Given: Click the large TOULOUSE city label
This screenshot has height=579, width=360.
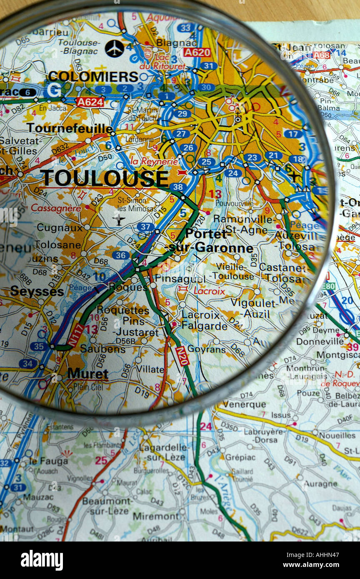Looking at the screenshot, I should pos(104,178).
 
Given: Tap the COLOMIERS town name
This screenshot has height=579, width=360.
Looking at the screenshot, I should pos(92,77).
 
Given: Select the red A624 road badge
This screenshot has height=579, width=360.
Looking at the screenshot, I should pos(90,102).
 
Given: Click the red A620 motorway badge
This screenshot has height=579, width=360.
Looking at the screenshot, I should pos(197,52).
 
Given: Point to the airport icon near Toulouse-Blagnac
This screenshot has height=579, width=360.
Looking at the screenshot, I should pos(114,48).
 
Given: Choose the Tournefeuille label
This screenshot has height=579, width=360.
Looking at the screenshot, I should pos(69,128).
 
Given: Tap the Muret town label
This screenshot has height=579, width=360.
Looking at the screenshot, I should pos(87,374).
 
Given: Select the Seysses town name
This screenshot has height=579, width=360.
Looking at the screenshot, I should pos(37,291).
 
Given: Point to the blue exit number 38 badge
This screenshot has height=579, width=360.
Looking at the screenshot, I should pos(178,187).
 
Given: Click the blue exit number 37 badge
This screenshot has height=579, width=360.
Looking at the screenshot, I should pos(145,227).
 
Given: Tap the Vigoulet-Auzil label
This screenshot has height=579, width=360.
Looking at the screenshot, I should pos(253,308).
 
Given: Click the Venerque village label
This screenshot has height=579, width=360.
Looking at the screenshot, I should pos(244,404).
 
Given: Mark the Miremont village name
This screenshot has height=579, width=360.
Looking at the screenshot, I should pos(155,516).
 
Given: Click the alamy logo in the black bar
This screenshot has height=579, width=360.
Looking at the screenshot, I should pos(42,560).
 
